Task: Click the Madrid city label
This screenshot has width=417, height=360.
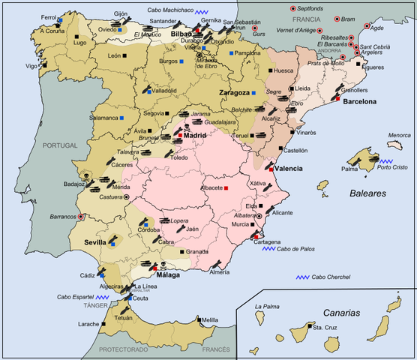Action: (194, 136)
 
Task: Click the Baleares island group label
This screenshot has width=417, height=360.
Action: (367, 193)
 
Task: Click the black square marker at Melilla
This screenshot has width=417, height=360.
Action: (198, 319)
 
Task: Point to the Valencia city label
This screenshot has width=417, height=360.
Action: (288, 169)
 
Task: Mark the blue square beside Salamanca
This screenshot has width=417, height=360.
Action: (121, 118)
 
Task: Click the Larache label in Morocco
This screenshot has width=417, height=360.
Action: (88, 324)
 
